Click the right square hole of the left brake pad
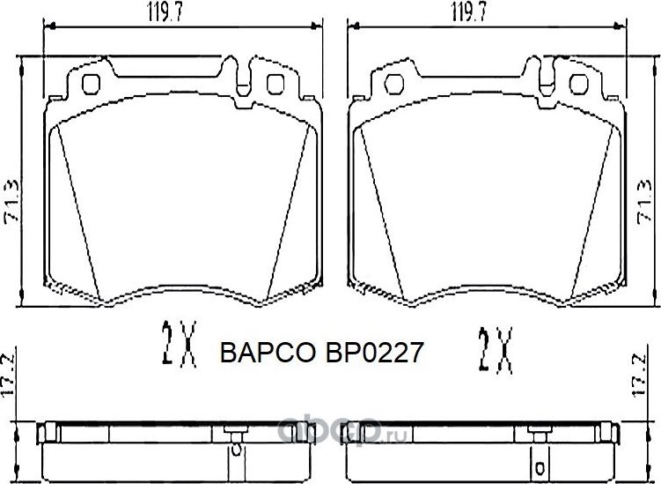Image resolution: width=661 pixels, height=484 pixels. click(x=275, y=85)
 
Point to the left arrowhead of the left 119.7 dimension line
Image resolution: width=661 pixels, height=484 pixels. click(x=48, y=27)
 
